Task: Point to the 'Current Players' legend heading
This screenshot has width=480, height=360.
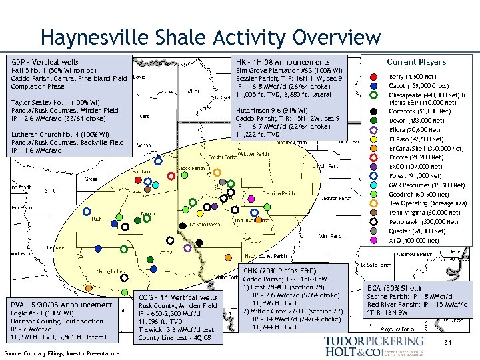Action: (x=416, y=62)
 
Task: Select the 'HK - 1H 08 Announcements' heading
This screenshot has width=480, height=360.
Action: (x=283, y=62)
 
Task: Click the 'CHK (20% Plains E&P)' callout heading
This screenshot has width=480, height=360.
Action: (x=279, y=270)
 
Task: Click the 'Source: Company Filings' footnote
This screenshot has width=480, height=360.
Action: (x=62, y=353)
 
